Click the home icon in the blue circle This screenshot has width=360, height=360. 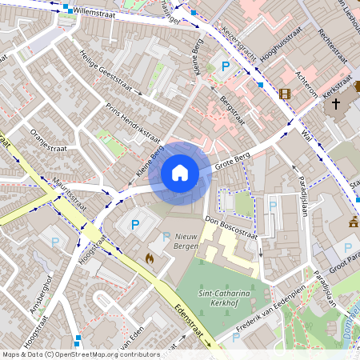click(x=180, y=173)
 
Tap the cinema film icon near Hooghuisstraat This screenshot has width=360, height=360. click(x=285, y=94)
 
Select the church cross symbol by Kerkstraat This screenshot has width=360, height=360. click(x=336, y=103)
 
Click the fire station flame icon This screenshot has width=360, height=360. click(x=149, y=258)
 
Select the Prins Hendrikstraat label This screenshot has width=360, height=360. click(x=133, y=121)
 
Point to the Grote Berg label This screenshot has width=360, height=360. click(x=233, y=166)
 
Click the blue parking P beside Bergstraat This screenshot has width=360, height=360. click(x=226, y=68)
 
